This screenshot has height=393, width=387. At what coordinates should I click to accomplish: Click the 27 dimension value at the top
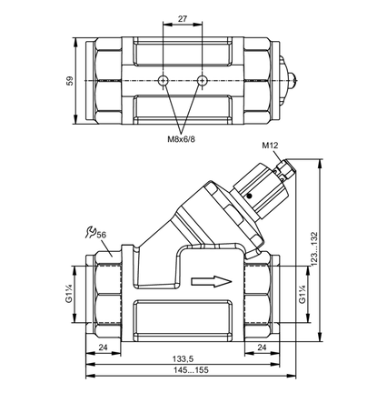pos(183,19)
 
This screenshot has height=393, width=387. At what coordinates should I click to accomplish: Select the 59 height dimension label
pos(70,81)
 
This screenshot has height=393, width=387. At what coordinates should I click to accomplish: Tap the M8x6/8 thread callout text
pos(182,139)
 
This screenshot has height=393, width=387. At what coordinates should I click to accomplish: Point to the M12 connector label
pos(270,146)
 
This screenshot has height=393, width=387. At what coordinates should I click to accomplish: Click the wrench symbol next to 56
pos(90,232)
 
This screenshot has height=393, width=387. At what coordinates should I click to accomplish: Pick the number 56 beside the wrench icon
pos(101,235)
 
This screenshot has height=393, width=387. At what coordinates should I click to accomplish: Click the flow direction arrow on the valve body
pos(212,281)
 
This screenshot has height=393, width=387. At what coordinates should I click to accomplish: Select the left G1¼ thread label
pos(69,294)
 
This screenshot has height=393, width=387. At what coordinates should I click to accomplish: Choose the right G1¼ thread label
pos(302,294)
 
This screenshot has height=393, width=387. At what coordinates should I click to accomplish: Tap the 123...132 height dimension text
pos(314,249)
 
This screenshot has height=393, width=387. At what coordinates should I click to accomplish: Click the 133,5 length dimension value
pos(183,359)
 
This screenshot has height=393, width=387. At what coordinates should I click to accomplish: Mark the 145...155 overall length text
pos(191,370)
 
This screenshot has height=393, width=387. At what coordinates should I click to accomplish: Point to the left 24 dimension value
pos(104,348)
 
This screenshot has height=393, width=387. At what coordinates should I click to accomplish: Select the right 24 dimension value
pos(262,348)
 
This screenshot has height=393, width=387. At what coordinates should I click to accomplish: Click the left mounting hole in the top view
pos(163,80)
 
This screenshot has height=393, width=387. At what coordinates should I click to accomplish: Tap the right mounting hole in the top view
pos(202,80)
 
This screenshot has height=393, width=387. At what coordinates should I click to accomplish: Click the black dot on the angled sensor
pos(249,196)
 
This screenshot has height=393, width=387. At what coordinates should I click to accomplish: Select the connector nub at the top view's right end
pos(292,80)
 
